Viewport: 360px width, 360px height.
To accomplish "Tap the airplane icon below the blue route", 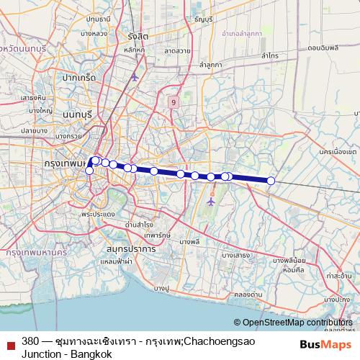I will click(x=211, y=201).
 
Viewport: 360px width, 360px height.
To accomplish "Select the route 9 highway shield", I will click(x=174, y=103).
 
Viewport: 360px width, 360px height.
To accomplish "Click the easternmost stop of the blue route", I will click(x=271, y=181).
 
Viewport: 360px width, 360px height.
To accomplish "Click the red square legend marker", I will click(x=11, y=344).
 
